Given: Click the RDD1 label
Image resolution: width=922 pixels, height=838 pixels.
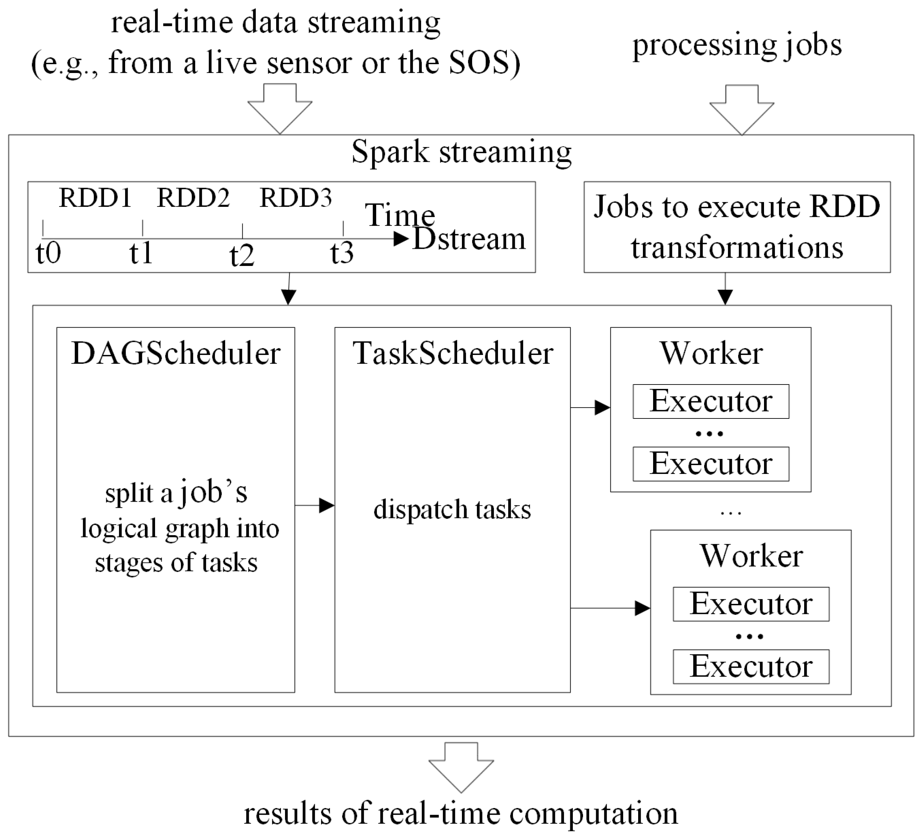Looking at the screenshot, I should point(95,198).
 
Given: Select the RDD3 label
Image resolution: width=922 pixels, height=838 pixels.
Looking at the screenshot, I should point(296,198).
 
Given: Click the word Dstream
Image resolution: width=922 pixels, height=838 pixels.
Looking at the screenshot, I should point(469,239).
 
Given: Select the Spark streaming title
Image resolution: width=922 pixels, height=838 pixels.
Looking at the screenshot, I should point(461,152).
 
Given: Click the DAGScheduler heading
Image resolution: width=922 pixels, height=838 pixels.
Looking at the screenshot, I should point(175,354).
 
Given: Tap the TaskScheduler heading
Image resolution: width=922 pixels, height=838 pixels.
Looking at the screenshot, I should point(453,354).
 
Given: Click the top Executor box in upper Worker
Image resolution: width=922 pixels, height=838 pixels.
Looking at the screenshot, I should point(711,401).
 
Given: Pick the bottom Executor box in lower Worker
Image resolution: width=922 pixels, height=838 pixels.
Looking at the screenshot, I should point(751,667).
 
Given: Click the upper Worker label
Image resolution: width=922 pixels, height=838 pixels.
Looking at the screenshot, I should point(711,354).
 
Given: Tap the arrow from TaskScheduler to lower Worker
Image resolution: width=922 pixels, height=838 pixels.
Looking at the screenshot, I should point(610,608).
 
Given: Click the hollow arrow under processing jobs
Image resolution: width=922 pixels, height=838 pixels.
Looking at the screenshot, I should point(741,110).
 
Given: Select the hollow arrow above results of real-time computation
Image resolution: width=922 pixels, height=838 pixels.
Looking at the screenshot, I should point(461,767).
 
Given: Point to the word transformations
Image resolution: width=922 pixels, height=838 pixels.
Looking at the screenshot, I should point(737,248).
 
